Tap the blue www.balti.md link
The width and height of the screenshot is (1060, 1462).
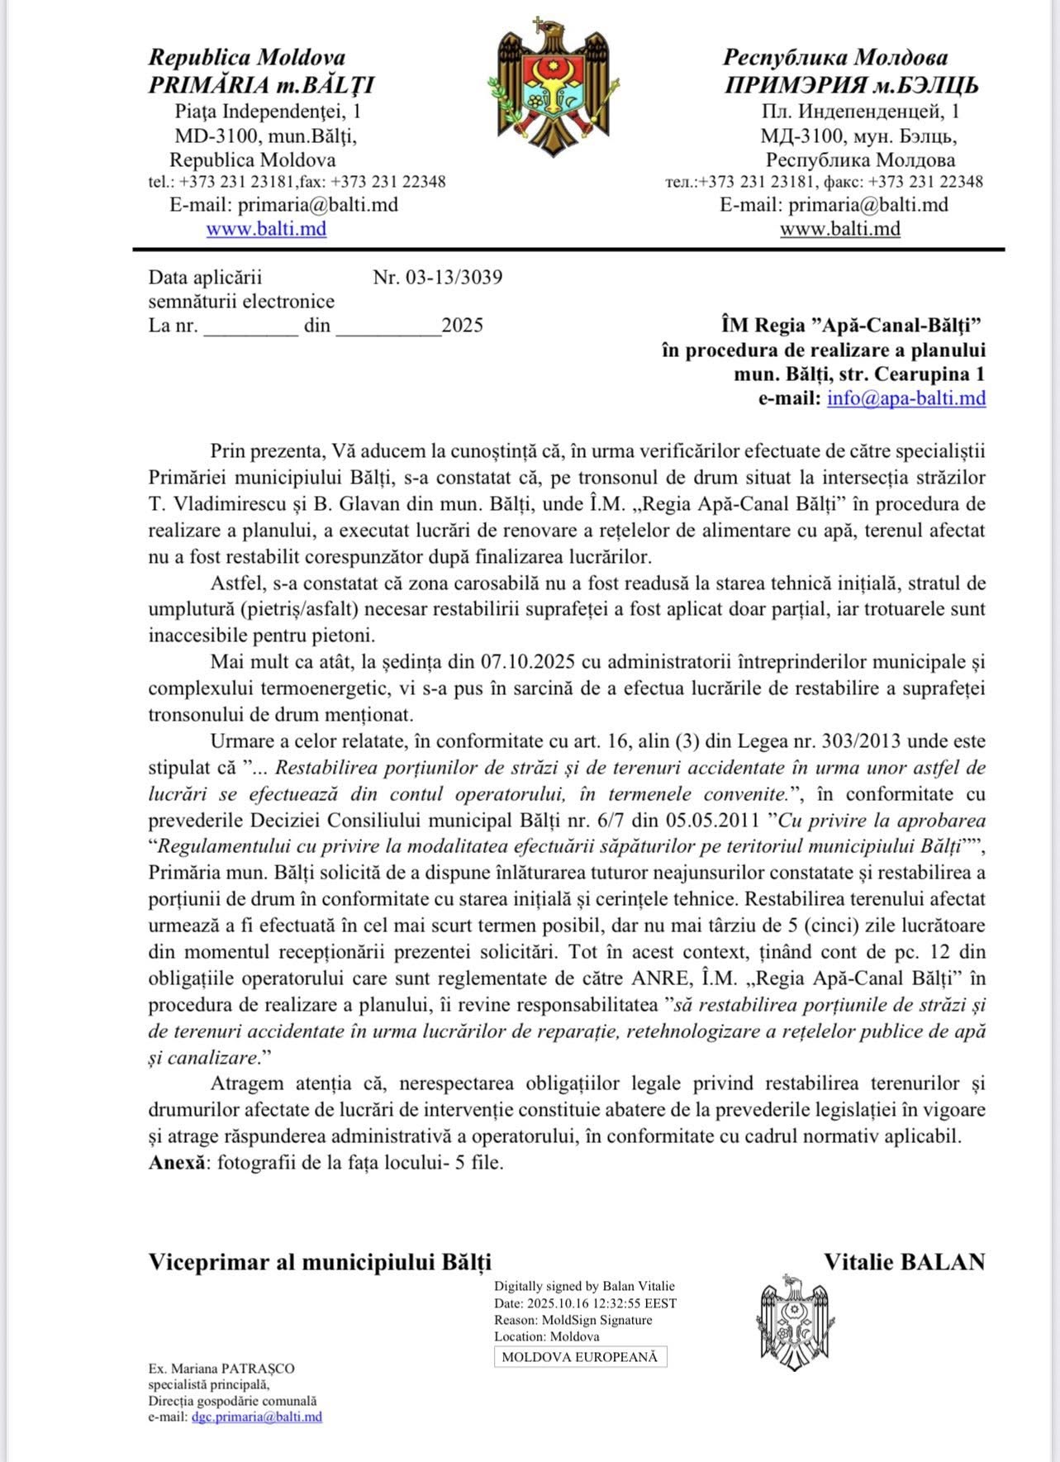click(266, 229)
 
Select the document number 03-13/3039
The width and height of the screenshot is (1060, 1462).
click(453, 277)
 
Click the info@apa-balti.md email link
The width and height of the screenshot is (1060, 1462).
click(906, 398)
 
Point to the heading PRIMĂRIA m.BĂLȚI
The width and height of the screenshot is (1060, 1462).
click(261, 85)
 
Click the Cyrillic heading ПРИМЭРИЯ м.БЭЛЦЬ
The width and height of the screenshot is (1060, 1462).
click(851, 85)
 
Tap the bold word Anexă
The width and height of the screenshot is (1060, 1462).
click(177, 1162)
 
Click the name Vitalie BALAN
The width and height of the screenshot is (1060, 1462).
click(904, 1262)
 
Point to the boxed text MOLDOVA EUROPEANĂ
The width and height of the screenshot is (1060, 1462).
click(580, 1357)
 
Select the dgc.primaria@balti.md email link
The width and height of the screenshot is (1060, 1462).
click(257, 1417)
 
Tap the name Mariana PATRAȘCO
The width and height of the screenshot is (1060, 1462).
click(232, 1369)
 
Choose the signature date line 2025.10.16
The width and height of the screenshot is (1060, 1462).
click(585, 1303)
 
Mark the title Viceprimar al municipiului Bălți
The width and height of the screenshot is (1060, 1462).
click(320, 1262)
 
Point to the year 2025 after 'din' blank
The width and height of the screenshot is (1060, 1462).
click(463, 326)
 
